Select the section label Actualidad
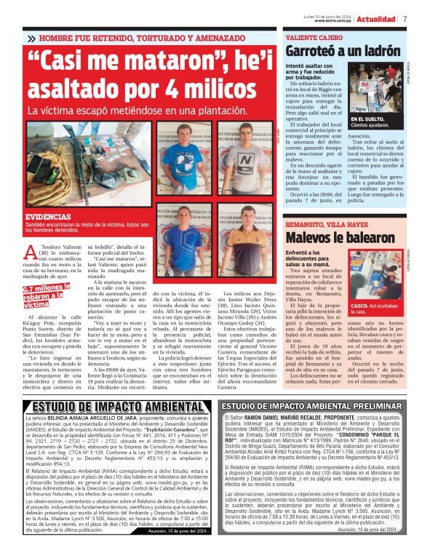click(x=376, y=18)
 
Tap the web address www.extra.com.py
click(x=334, y=20)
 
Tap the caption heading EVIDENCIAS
click(x=48, y=218)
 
